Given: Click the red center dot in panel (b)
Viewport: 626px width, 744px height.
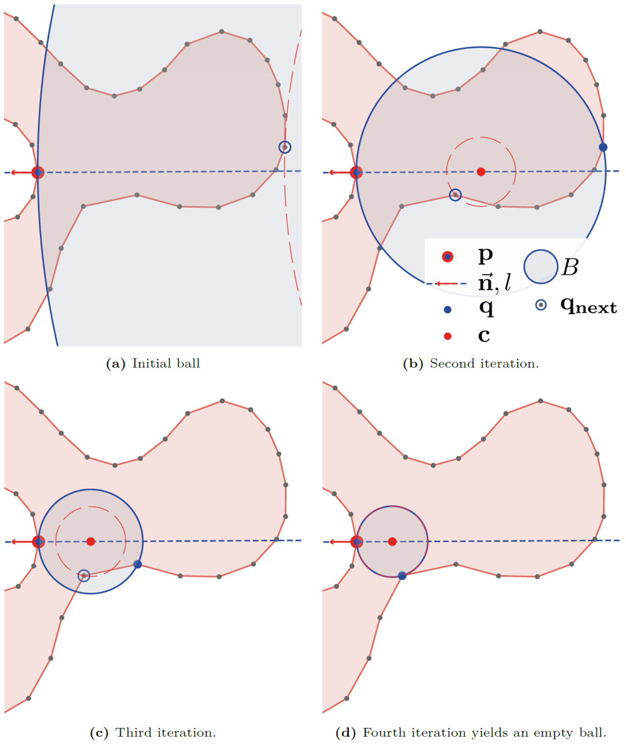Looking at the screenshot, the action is [481, 172].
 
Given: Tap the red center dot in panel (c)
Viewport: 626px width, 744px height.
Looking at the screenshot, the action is [91, 542].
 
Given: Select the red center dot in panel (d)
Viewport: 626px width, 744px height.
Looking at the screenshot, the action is [392, 542].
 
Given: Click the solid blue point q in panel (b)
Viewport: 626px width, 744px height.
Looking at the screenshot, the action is [603, 147].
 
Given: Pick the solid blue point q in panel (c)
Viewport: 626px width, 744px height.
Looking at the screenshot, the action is [138, 564].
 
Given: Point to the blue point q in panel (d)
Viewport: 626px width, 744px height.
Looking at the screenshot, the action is [402, 576].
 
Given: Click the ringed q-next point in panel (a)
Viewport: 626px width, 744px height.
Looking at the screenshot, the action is [284, 147].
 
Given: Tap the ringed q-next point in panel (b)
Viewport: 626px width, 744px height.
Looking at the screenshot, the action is [455, 195].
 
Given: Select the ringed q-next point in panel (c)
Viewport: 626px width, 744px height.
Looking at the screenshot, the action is [84, 576].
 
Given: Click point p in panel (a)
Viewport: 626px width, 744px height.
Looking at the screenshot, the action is [37, 172].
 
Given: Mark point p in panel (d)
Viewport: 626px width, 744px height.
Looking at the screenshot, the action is [357, 542].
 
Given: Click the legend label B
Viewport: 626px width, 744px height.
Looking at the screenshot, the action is [570, 267].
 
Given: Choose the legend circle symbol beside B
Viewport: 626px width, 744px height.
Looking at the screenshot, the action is [541, 267].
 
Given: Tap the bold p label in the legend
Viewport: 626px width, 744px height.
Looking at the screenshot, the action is [485, 255].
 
